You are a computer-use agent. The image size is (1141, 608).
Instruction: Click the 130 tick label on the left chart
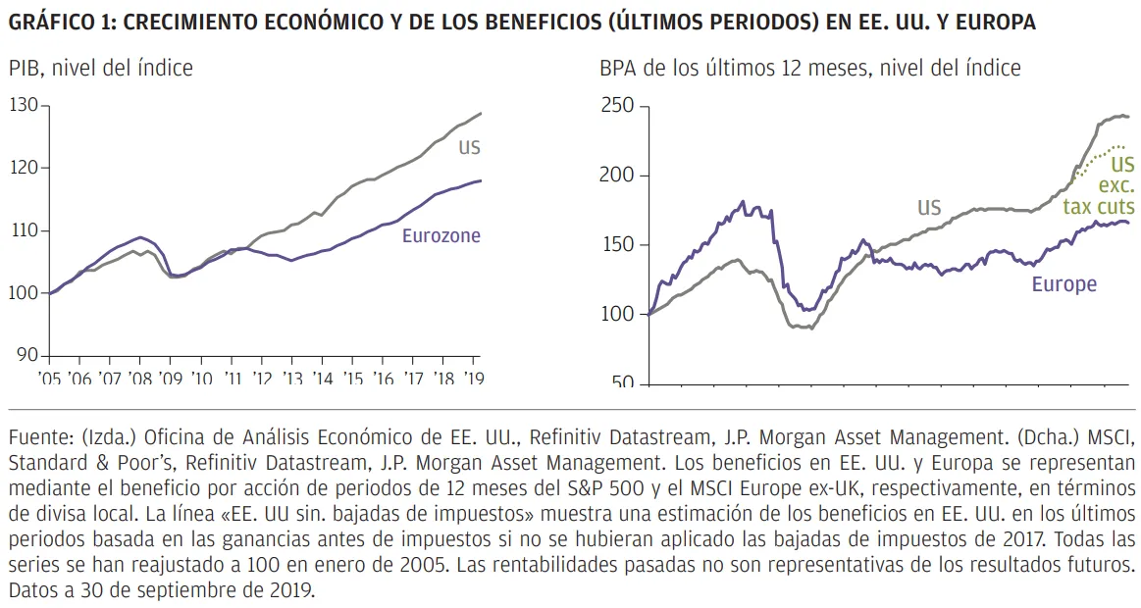(x=24, y=106)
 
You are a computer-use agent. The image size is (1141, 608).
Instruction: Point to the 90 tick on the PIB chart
(x=28, y=355)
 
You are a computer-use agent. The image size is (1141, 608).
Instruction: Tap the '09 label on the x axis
(x=171, y=379)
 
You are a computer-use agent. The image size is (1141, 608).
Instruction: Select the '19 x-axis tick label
(x=474, y=379)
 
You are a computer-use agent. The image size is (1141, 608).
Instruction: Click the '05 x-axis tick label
(x=49, y=379)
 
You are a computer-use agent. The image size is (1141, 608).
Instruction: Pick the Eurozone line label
(x=441, y=235)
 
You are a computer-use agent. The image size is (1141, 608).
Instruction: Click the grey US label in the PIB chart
(x=469, y=147)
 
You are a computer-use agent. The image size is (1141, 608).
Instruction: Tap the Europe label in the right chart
(x=1063, y=284)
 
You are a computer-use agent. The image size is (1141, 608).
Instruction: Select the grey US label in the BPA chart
(x=929, y=207)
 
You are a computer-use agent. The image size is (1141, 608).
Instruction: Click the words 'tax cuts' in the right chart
(x=1098, y=207)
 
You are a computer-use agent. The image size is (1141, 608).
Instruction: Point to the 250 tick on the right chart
(x=617, y=106)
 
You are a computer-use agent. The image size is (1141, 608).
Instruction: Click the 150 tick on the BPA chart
(x=617, y=244)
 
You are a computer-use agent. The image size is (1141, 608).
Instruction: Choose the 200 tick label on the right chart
(x=617, y=176)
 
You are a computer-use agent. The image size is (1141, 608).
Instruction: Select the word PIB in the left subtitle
(x=25, y=69)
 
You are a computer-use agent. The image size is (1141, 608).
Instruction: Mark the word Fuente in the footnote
(x=38, y=437)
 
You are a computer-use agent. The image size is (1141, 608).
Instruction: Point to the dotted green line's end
(x=1125, y=148)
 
